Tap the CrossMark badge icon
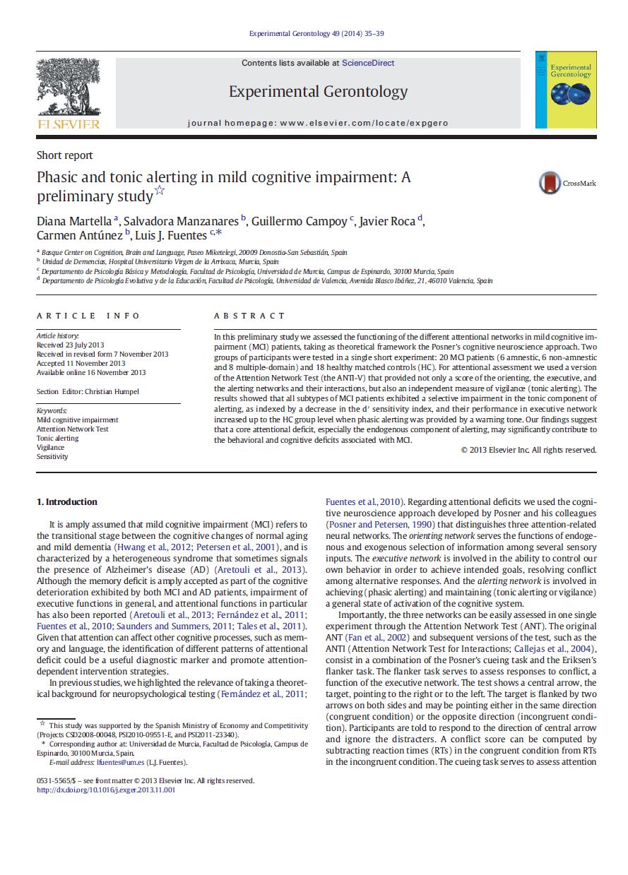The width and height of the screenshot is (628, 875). (550, 183)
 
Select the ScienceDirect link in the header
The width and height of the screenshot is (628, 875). (368, 63)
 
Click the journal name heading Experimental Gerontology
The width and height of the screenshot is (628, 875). (318, 92)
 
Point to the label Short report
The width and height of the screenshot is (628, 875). (64, 155)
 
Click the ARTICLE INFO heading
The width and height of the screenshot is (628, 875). (88, 316)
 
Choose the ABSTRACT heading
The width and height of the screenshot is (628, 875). (249, 316)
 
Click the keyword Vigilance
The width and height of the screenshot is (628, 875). (50, 447)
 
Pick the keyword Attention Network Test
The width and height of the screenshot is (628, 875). (72, 429)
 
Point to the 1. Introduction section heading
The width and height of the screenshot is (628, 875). (66, 502)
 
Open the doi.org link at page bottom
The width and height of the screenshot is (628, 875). (106, 790)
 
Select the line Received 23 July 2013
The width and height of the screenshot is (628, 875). (70, 345)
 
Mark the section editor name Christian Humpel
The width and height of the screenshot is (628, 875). (115, 391)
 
